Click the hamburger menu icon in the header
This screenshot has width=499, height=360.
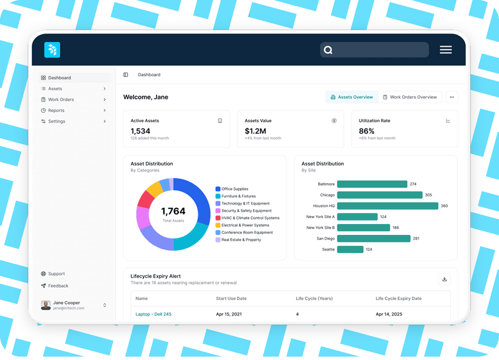point(445,50)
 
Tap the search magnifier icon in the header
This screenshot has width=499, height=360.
point(328,50)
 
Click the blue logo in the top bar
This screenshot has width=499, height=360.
point(52,50)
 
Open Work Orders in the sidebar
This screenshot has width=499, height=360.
point(61,99)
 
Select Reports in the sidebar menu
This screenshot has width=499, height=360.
point(56,110)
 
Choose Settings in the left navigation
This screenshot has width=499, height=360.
point(56,121)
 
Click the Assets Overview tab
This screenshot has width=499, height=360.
point(351,97)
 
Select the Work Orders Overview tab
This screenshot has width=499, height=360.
point(410,97)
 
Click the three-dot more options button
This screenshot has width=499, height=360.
point(452,97)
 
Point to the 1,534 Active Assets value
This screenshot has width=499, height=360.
point(140,131)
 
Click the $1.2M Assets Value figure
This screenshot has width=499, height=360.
point(255,131)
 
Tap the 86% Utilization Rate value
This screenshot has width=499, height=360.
point(367,131)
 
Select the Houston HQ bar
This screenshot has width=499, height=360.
point(387,206)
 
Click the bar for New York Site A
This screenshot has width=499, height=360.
point(357,217)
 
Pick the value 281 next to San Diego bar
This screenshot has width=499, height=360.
point(416,239)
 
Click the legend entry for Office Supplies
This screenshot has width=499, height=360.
point(234,189)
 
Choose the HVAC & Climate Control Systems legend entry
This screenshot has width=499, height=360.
point(250,218)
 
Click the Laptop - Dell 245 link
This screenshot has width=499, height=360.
point(153,314)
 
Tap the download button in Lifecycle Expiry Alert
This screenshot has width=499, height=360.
point(445,279)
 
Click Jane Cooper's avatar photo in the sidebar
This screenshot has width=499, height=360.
point(46,305)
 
